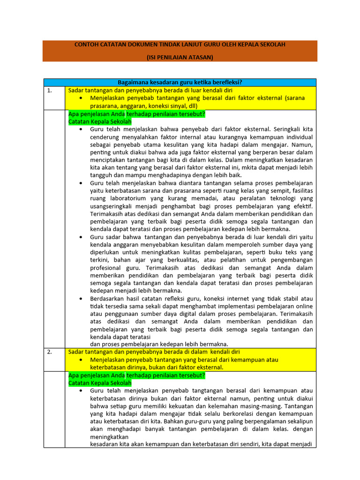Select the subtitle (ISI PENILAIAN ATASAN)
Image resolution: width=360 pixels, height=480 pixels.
point(180,57)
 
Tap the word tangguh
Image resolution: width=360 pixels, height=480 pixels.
point(101,175)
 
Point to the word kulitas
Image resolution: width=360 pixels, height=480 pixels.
point(190,252)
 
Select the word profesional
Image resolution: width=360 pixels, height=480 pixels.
point(107,268)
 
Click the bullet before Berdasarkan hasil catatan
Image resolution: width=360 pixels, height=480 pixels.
point(82,298)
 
